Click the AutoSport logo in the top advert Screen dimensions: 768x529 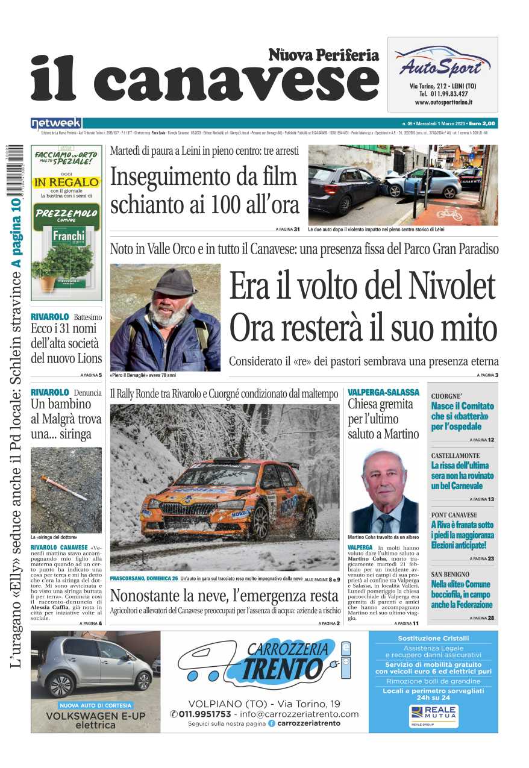442,63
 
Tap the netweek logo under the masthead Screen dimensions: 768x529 56,123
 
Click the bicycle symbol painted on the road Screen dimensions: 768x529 449,213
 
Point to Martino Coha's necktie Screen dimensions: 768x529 384,522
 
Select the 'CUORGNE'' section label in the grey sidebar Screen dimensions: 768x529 446,396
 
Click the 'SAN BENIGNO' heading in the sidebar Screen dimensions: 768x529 450,574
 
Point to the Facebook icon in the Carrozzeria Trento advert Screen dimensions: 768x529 272,723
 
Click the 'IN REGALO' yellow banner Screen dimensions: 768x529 66,181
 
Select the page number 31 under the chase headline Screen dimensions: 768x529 296,229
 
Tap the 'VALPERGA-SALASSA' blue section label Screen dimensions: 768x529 383,392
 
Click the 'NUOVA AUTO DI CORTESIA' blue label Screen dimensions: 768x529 96,705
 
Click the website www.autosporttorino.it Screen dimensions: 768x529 443,103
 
